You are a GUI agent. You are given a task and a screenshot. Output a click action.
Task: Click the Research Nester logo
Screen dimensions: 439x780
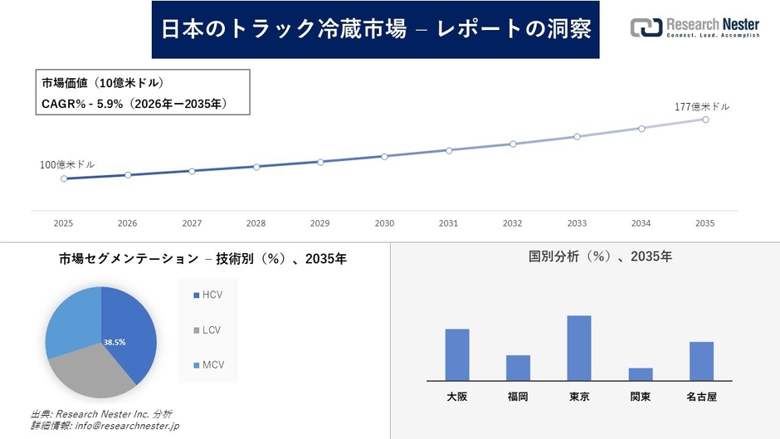(695, 28)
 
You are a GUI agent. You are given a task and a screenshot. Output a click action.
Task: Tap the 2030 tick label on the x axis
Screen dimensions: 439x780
(384, 223)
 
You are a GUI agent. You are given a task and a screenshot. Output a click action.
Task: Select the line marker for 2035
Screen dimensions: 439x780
(705, 120)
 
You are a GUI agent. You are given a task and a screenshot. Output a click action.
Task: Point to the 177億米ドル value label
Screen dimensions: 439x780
(702, 106)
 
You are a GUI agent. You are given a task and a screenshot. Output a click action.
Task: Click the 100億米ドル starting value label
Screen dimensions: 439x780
(67, 164)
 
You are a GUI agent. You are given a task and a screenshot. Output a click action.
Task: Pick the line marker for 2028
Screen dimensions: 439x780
(256, 167)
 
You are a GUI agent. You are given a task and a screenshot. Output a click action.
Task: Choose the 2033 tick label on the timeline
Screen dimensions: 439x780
(577, 223)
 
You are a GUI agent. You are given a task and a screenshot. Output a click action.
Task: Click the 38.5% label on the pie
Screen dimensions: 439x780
(115, 342)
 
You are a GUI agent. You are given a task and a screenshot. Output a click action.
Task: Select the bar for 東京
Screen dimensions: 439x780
(579, 348)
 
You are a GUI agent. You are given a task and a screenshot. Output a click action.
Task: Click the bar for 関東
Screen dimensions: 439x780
(641, 373)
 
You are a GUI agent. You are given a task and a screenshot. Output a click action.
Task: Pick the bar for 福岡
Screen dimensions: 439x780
(518, 368)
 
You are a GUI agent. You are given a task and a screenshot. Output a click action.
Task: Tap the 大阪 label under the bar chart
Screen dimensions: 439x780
(456, 397)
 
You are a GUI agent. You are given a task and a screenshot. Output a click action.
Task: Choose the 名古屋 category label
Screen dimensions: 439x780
(701, 397)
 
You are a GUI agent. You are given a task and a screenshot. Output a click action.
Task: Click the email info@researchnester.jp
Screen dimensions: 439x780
(127, 426)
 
